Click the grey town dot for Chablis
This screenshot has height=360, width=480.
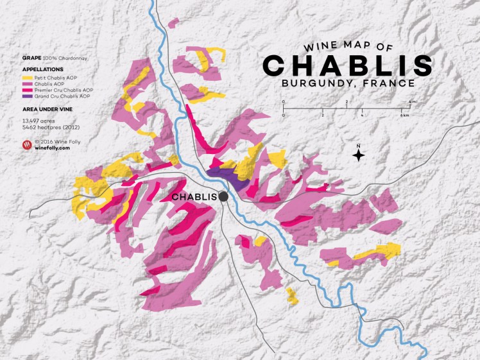[223, 196]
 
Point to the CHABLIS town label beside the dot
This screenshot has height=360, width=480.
[194, 196]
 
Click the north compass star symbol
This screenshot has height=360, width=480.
[359, 155]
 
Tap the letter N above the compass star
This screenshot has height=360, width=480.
[359, 145]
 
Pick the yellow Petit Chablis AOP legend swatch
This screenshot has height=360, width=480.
[25, 76]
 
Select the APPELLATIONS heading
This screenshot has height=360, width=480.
[42, 68]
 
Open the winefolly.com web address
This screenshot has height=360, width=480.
[53, 148]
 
